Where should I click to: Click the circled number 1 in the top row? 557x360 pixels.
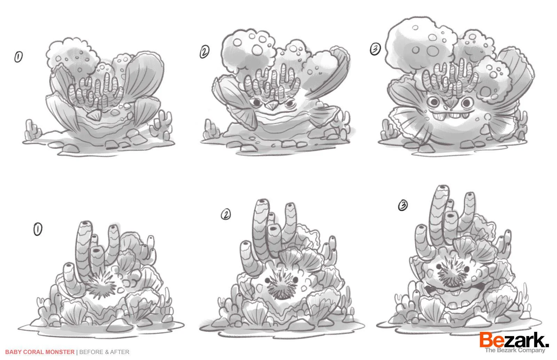18,57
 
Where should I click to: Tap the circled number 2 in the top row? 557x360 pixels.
204,52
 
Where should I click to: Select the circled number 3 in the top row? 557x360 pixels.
375,49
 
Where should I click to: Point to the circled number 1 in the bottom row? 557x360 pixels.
38,229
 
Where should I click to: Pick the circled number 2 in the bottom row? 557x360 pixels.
226,214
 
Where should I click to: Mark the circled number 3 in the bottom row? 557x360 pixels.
403,206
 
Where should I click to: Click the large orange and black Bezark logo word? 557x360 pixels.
514,340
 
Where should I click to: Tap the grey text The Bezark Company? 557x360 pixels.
515,350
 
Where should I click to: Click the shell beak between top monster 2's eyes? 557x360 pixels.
272,106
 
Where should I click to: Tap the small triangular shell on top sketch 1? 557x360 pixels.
95,115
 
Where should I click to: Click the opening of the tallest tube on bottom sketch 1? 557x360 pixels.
85,223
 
